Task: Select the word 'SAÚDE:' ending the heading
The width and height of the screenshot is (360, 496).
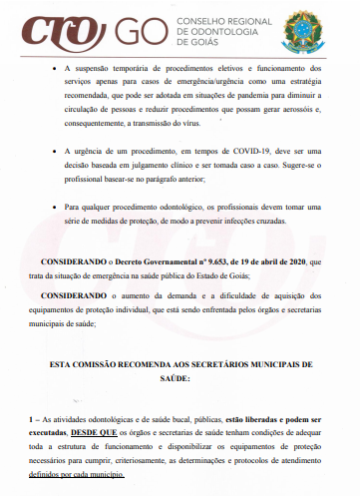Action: click(180, 380)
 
